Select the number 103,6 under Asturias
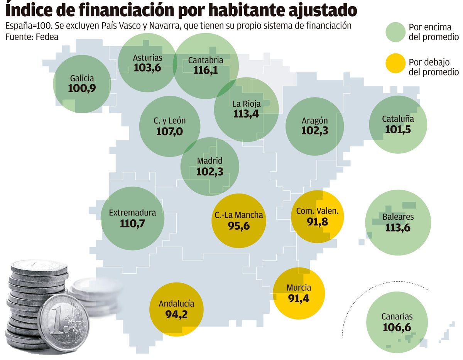coord(147,68)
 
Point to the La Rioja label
coord(246,104)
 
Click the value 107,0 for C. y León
coord(169,131)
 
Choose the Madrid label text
coord(210,161)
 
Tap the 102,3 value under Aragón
coord(314,131)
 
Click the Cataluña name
coord(398,119)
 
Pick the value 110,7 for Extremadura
coord(132,223)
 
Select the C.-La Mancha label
coord(239,215)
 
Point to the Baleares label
coord(398,217)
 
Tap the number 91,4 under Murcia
coord(299,298)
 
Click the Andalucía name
coord(176,304)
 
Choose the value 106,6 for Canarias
coord(397,327)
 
